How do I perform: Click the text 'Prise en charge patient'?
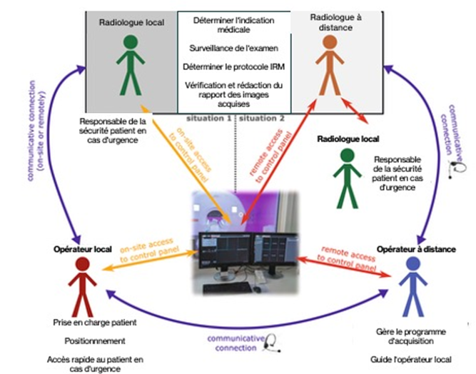pos(93,323)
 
